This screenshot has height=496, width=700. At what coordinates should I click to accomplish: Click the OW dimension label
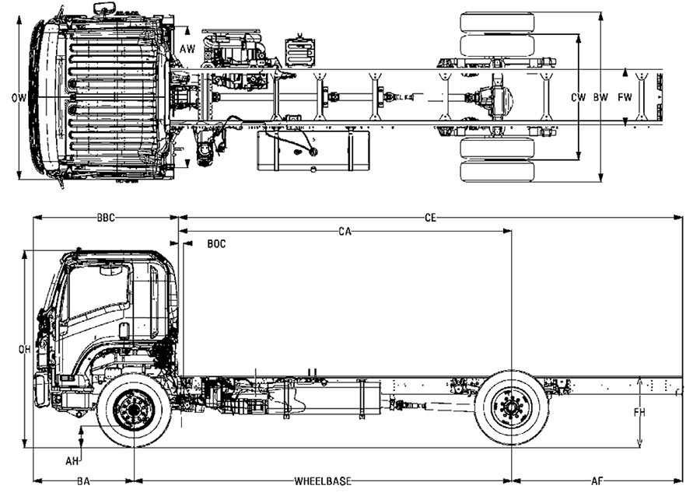19,98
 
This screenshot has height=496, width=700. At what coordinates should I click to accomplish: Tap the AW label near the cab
187,49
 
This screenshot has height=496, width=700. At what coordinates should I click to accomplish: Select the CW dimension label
578,97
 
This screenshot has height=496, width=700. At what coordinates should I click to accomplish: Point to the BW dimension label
601,97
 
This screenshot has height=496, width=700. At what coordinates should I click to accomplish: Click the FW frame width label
625,97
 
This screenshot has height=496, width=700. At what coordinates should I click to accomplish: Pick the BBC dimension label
106,218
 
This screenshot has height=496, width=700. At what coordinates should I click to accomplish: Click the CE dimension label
430,218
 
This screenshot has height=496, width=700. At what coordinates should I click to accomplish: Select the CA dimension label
345,232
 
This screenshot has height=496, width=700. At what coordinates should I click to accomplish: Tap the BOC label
216,243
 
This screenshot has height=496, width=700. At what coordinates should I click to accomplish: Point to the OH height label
25,350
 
